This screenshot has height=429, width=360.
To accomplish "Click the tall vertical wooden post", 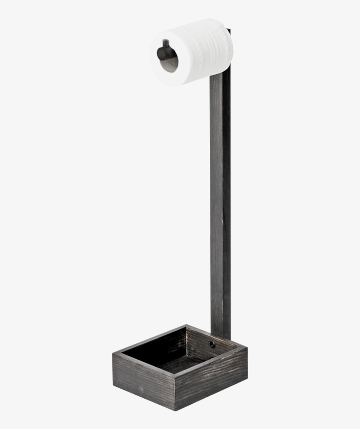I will pos(220,198).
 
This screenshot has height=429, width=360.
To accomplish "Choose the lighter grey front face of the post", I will pos(217,198).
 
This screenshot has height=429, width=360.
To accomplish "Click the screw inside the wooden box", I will pos(212,345).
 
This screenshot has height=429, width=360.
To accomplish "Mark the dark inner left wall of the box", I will pos(154,345).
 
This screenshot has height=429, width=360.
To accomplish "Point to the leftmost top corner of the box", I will pos(113,352).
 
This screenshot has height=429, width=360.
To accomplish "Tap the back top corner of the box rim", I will pos(186,326).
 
